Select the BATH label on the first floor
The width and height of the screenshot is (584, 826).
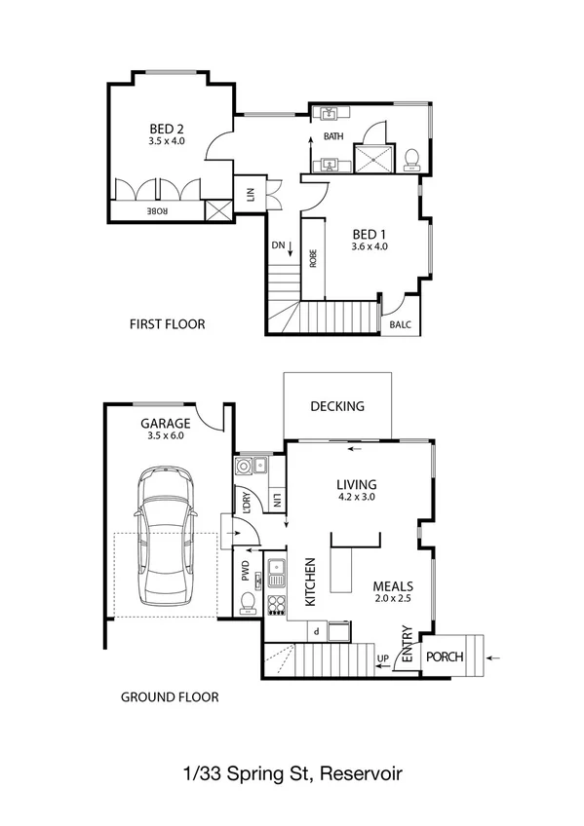[x=333, y=137]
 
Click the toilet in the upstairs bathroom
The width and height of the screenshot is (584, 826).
[x=413, y=157]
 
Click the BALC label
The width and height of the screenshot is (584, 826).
[x=401, y=324]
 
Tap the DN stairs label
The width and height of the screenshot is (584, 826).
[x=278, y=247]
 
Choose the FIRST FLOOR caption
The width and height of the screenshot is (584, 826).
[x=167, y=324]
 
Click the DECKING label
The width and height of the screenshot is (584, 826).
[x=336, y=406]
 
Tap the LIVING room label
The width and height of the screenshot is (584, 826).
[x=356, y=484]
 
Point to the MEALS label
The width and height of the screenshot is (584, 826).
[x=394, y=587]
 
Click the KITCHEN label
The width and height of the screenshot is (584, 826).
[x=311, y=582]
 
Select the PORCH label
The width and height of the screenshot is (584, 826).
[x=444, y=657]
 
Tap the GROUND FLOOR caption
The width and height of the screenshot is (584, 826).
[x=169, y=696]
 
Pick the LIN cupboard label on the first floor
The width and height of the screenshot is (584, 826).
[x=251, y=194]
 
